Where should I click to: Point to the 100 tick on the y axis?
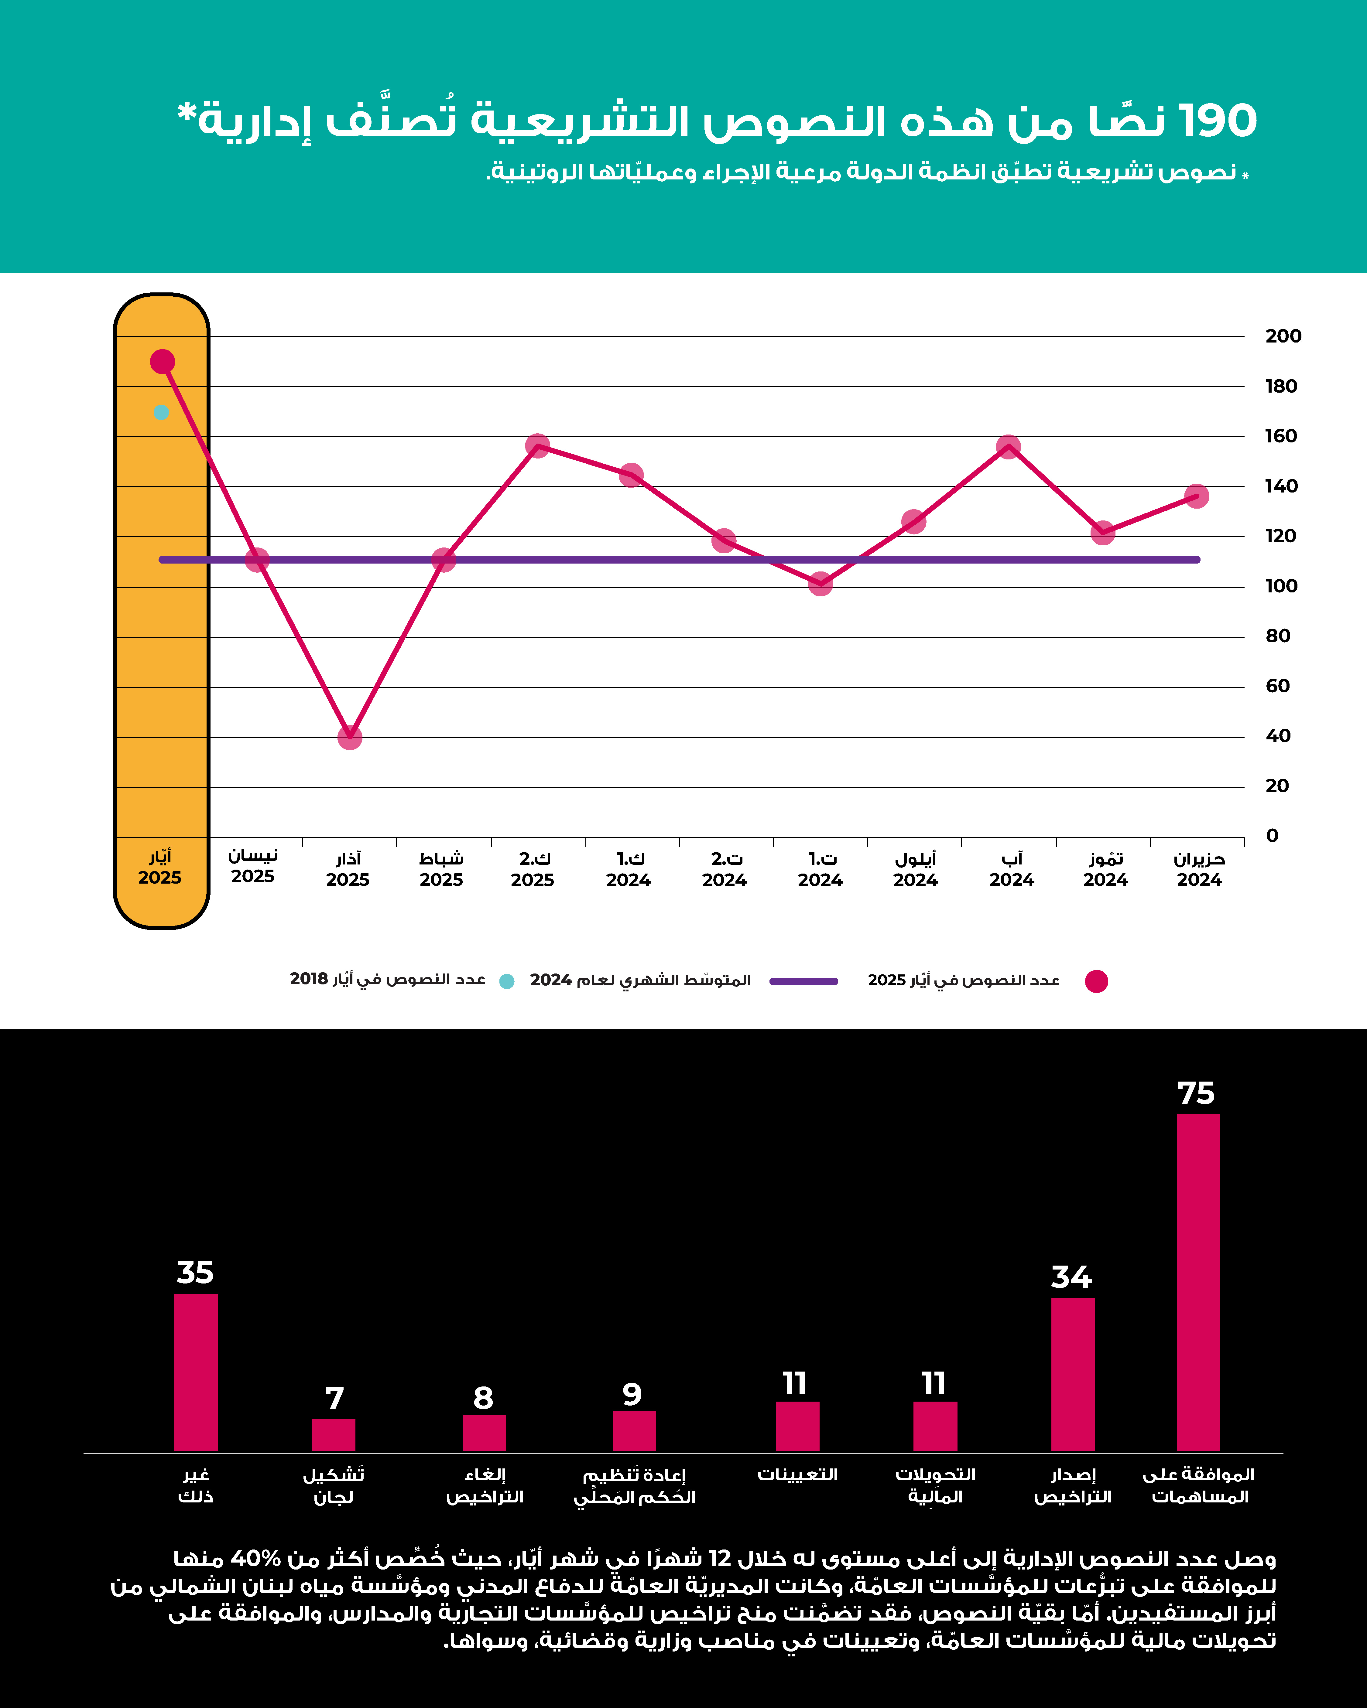tap(1281, 586)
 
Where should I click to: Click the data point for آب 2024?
tap(1008, 447)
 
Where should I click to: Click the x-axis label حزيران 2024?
tap(1199, 869)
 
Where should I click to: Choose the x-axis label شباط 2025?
tap(441, 869)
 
